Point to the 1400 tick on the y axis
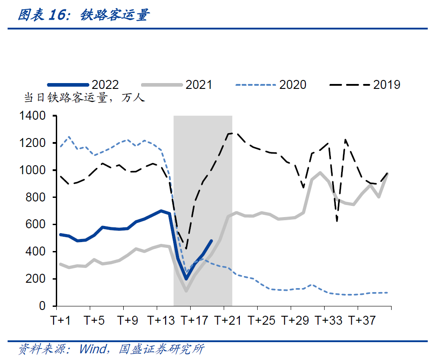[x=33, y=116]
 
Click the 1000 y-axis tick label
[x=33, y=170]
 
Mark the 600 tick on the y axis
[x=36, y=225]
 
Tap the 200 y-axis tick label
[x=36, y=279]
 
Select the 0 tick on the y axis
[x=42, y=306]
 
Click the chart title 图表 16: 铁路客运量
[x=83, y=15]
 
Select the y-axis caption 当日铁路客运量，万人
[x=84, y=98]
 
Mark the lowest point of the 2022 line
[x=186, y=279]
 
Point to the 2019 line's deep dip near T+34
[x=337, y=221]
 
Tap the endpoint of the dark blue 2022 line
[x=211, y=241]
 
